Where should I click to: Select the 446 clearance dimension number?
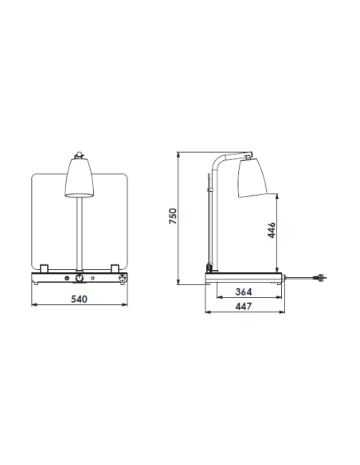271,231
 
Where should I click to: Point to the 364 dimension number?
244,291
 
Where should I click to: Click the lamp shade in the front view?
80,178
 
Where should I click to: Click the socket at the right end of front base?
122,279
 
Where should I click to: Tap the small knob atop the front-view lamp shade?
80,154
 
